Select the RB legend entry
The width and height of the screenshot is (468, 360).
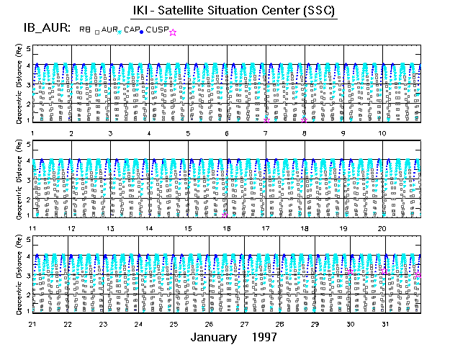[x=85, y=30]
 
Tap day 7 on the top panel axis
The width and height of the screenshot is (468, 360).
[x=266, y=133]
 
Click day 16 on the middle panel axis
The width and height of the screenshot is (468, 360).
[x=227, y=228]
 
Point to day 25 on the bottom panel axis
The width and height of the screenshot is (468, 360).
[x=174, y=324]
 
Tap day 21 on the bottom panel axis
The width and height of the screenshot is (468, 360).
[x=32, y=324]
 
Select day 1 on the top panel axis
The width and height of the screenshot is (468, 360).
[x=32, y=133]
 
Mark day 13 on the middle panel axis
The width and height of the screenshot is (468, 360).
[x=110, y=228]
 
